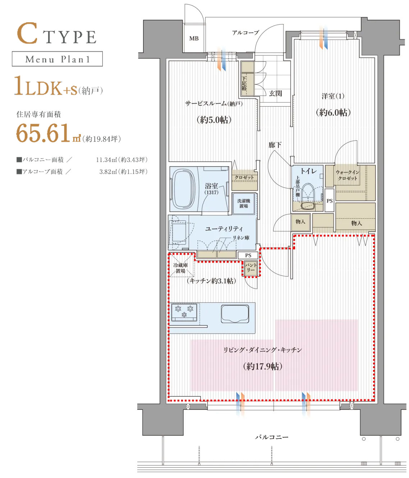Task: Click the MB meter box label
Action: [194, 38]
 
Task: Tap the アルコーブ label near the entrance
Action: [245, 33]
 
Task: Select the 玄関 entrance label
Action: [275, 93]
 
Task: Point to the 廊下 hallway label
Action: [275, 145]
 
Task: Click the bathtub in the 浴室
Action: [184, 189]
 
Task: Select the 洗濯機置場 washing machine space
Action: [243, 203]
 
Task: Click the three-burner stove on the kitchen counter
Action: [184, 312]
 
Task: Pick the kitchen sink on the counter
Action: [235, 314]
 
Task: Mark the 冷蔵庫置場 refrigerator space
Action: [181, 265]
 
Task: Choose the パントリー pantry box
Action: [251, 268]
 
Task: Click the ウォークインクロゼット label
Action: [348, 175]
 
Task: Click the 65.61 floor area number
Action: [43, 133]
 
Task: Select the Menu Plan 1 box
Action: [57, 59]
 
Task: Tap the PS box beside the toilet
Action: [329, 200]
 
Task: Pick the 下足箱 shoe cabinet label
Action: [244, 83]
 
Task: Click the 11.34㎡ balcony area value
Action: [106, 159]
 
